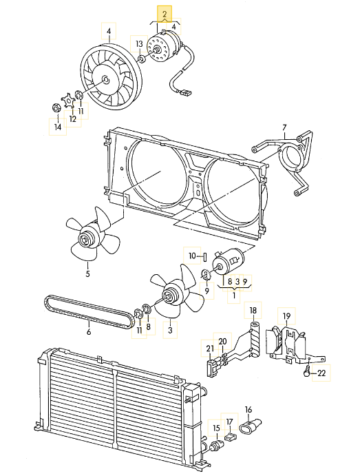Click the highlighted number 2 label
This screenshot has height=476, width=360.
tap(165, 14)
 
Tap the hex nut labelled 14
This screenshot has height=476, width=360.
tap(56, 107)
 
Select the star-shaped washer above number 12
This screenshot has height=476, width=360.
tap(68, 101)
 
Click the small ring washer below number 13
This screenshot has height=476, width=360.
tap(142, 59)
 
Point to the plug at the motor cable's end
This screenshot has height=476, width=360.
tap(187, 92)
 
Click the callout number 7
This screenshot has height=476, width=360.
tap(284, 127)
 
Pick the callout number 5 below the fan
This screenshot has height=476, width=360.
tap(87, 274)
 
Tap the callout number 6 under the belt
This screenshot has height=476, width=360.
tap(89, 332)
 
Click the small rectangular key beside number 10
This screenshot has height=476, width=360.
tap(205, 257)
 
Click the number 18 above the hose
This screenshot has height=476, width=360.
tap(253, 310)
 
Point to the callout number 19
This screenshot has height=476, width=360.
tap(286, 316)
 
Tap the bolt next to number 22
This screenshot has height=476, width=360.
tap(307, 372)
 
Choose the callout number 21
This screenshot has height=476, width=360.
tap(210, 349)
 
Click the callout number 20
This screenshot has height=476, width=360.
tap(222, 342)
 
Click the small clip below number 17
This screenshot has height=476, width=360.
tap(231, 437)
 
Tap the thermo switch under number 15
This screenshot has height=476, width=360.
tap(215, 446)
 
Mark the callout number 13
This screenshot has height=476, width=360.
tap(139, 44)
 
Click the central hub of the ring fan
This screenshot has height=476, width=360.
tap(105, 80)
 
